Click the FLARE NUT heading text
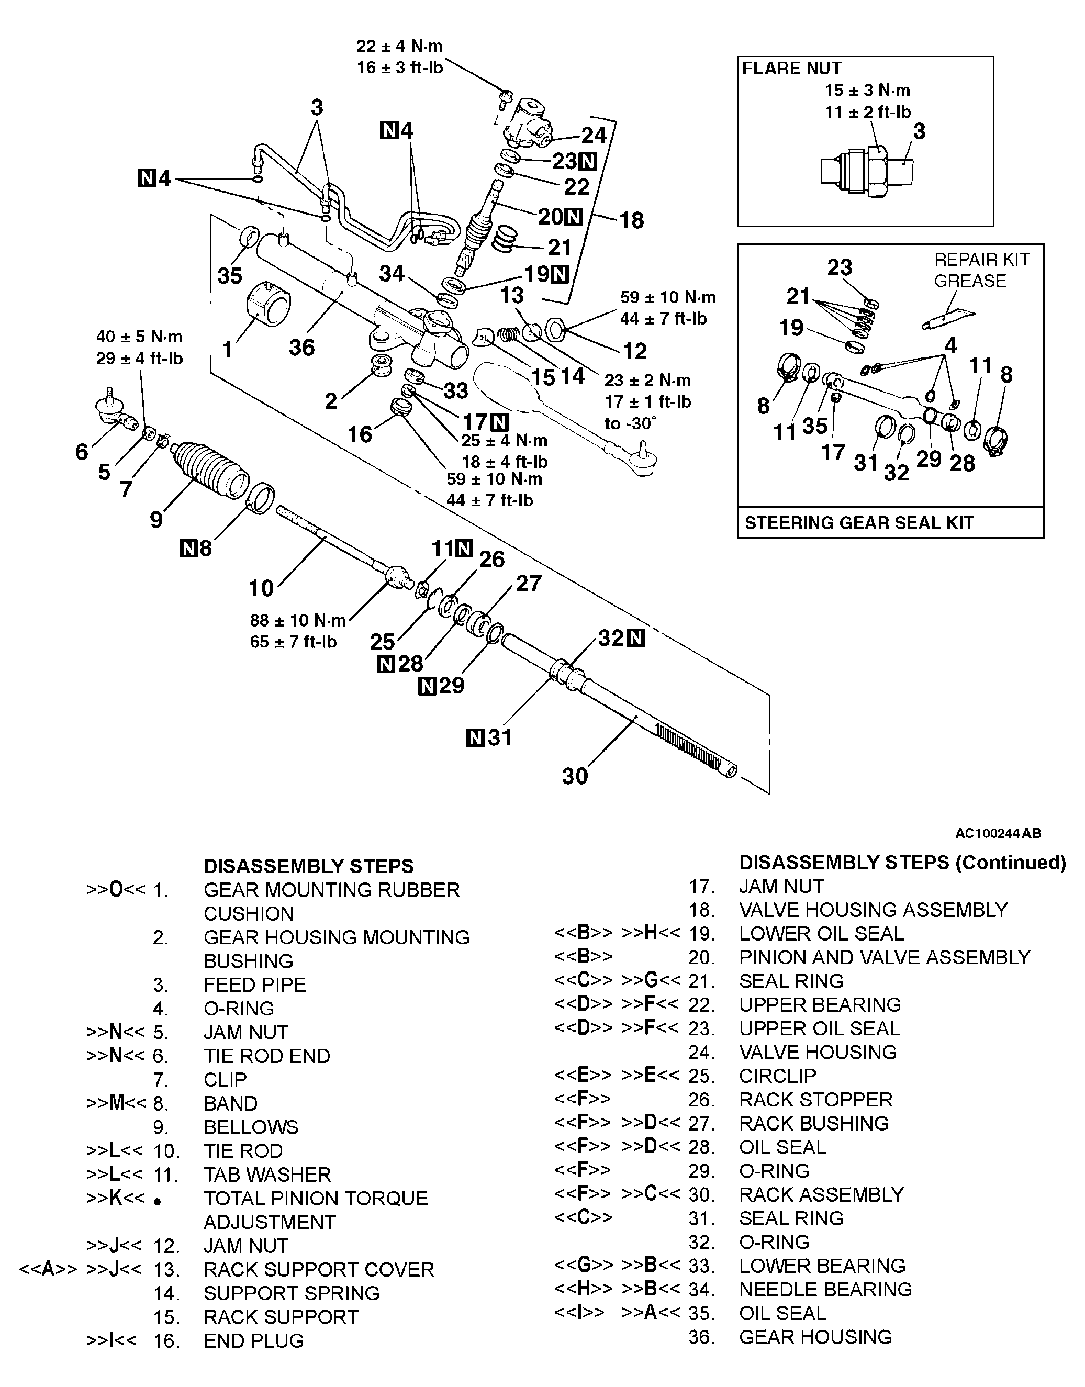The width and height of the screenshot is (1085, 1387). pyautogui.click(x=791, y=69)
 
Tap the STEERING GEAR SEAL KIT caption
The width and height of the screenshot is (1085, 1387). pyautogui.click(x=859, y=523)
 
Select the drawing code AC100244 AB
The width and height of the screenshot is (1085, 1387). pyautogui.click(x=998, y=833)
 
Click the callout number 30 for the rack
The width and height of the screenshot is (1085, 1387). pyautogui.click(x=575, y=776)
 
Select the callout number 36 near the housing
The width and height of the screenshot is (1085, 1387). pyautogui.click(x=302, y=348)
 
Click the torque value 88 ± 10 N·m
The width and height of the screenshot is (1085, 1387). pyautogui.click(x=298, y=620)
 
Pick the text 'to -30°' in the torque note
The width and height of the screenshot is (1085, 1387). pyautogui.click(x=630, y=423)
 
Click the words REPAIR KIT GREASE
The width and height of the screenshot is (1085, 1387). pyautogui.click(x=981, y=270)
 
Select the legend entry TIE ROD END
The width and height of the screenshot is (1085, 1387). pyautogui.click(x=267, y=1056)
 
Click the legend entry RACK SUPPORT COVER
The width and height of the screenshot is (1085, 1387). pyautogui.click(x=319, y=1270)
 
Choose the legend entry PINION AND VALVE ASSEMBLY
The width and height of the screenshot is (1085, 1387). pyautogui.click(x=884, y=957)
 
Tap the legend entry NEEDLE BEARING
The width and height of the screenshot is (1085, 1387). pyautogui.click(x=825, y=1289)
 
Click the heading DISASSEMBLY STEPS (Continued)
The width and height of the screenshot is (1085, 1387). pyautogui.click(x=902, y=863)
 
